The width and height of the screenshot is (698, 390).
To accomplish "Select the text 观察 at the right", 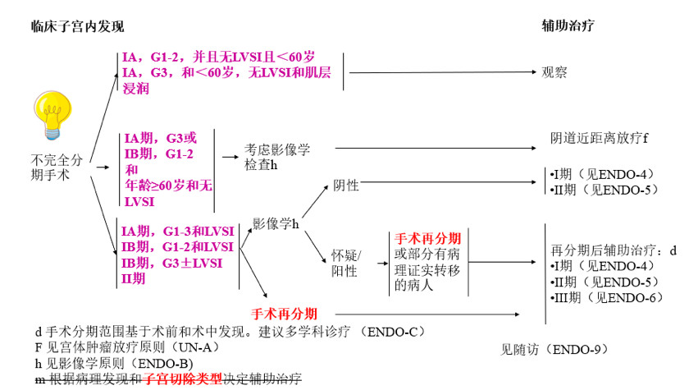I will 554,72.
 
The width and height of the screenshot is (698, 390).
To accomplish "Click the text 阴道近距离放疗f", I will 599,137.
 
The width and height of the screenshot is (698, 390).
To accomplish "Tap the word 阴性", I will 346,186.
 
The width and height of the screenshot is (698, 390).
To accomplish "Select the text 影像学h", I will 276,223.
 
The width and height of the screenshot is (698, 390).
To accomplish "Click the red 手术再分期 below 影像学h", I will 284,313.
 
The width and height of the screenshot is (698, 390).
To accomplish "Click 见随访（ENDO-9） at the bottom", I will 555,350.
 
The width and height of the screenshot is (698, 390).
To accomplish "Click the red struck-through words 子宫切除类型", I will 182,378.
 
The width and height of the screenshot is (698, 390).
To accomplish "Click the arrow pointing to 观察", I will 443,72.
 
